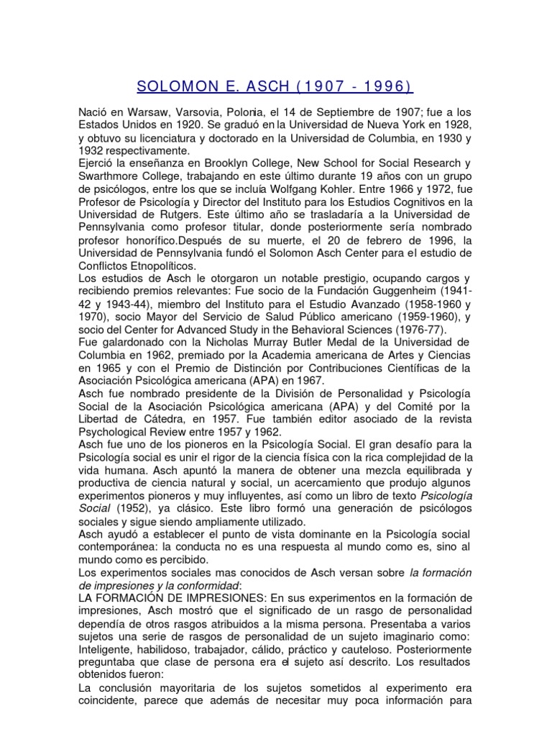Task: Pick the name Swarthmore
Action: (x=109, y=176)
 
